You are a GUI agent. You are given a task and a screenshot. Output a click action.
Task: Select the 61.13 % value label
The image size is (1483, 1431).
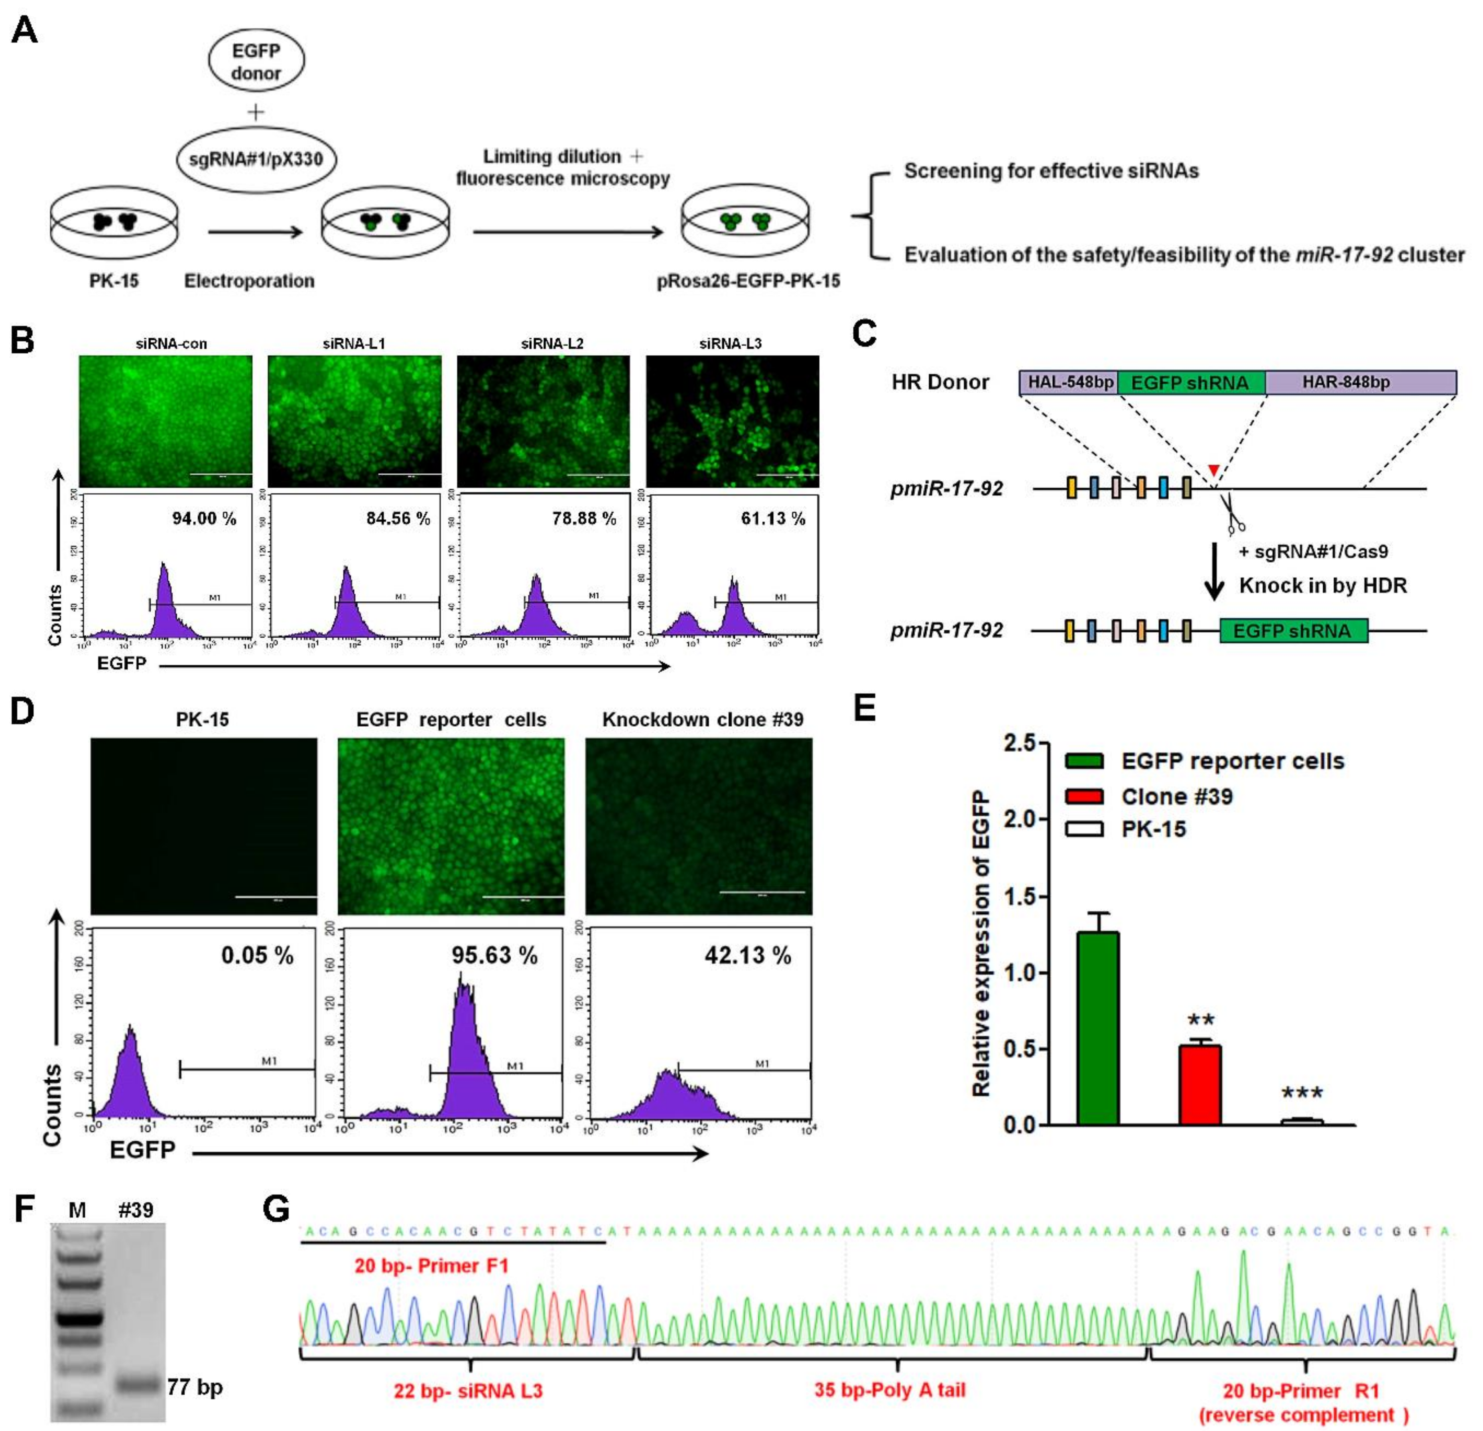click(x=772, y=519)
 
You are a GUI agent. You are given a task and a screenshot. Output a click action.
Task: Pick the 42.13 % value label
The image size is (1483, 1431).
click(x=748, y=955)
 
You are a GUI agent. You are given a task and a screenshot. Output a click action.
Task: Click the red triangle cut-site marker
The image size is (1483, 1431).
click(x=1214, y=470)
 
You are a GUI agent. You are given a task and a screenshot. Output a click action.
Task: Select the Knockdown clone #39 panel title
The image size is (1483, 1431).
click(x=702, y=719)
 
